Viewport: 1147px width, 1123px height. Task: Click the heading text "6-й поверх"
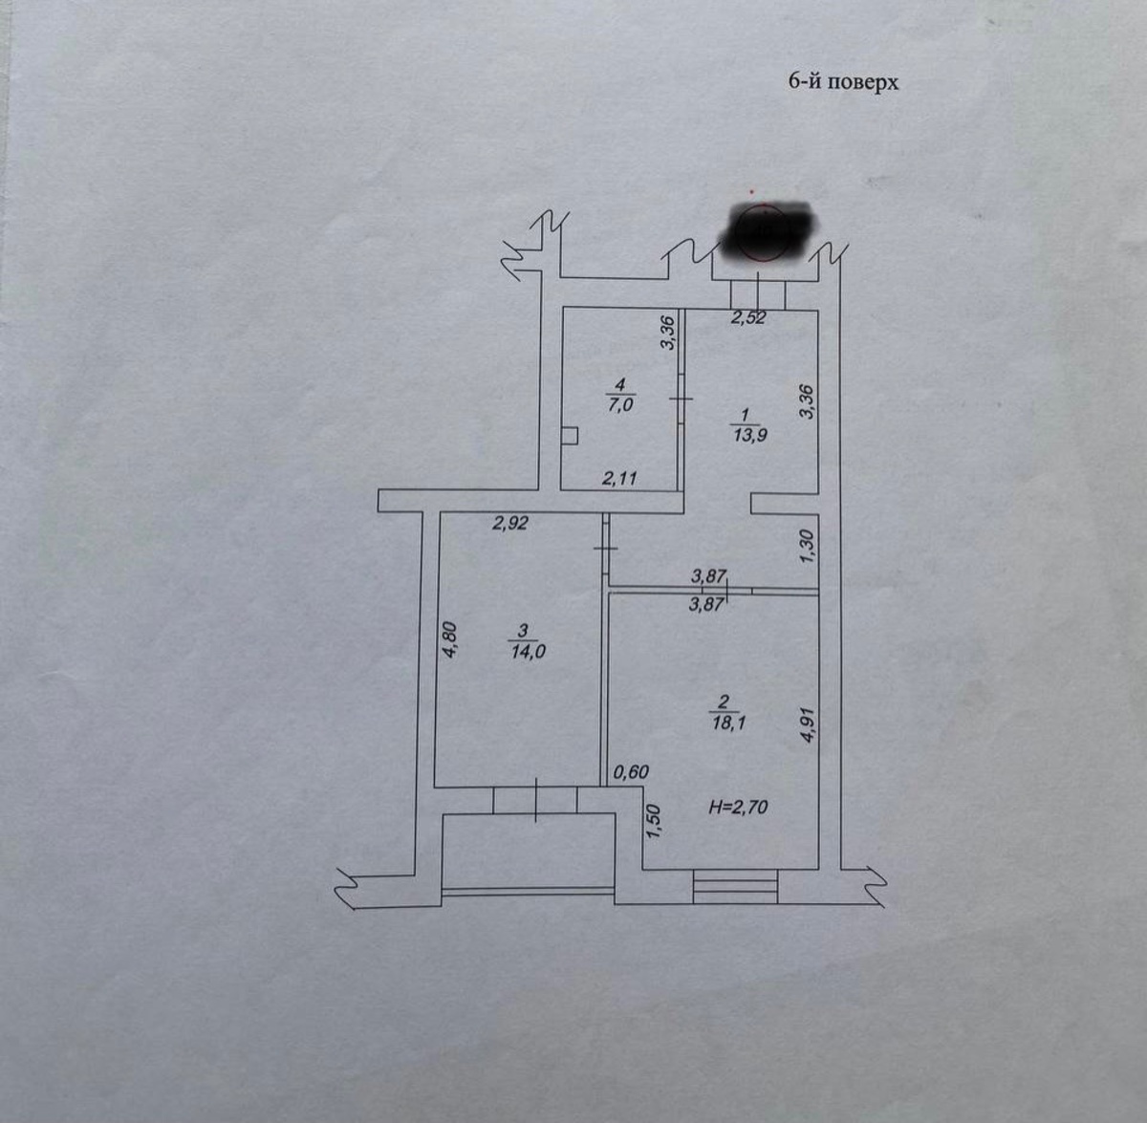[843, 82]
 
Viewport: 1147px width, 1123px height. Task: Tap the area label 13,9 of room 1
[748, 435]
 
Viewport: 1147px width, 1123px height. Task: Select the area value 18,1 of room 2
[728, 723]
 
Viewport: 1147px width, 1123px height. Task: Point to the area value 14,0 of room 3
[528, 652]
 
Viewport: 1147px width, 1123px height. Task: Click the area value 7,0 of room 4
[620, 404]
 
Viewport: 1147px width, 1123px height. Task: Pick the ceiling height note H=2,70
[738, 808]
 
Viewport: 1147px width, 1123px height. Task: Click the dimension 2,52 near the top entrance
[747, 318]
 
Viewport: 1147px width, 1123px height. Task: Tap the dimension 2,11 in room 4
[619, 478]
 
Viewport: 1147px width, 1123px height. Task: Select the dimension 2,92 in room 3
[509, 523]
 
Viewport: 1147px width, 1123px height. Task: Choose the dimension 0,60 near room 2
[631, 772]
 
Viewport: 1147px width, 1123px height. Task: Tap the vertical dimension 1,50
[654, 822]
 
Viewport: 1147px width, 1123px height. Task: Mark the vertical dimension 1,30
[806, 547]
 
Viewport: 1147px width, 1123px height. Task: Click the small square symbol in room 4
[570, 436]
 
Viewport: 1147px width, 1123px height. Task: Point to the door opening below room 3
[536, 799]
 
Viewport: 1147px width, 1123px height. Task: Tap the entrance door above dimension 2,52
[758, 293]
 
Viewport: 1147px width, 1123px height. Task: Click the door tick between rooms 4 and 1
[680, 399]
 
